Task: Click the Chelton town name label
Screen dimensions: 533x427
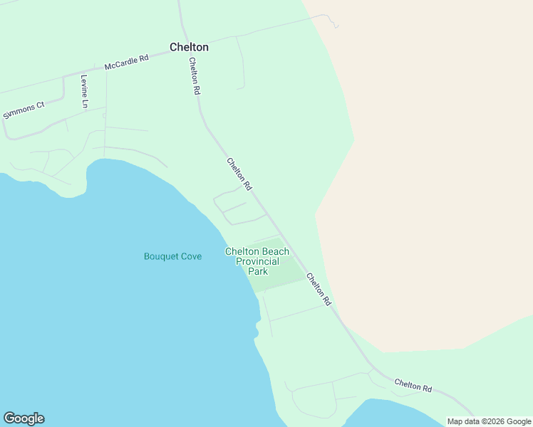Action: tap(189, 47)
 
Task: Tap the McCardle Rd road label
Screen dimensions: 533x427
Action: tap(126, 62)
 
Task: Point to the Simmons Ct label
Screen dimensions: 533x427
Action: tap(24, 110)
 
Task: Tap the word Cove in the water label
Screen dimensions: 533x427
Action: tap(191, 256)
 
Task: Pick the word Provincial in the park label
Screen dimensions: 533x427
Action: tap(258, 261)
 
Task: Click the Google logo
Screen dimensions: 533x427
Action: tap(24, 418)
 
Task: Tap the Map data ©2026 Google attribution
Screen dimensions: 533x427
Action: tap(489, 421)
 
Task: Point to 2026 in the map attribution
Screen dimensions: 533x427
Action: tap(494, 421)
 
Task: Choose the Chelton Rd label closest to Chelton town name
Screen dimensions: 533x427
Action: tap(195, 76)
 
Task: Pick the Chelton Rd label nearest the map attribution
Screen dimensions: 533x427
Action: tap(413, 386)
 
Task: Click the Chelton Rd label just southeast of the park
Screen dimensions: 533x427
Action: tap(319, 289)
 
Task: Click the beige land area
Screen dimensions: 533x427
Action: tap(428, 178)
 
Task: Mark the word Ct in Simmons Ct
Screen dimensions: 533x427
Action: tap(40, 105)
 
